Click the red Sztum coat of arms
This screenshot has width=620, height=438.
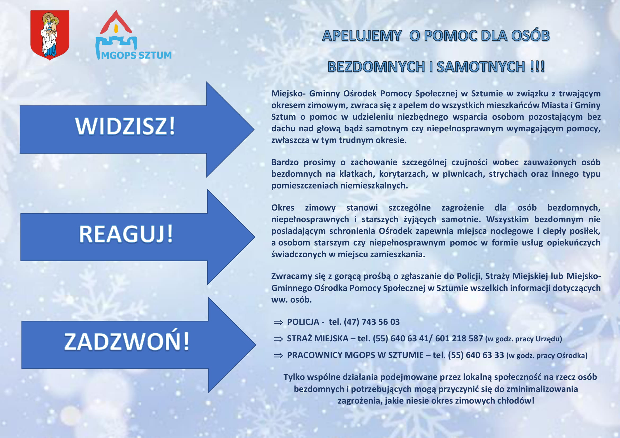pyautogui.click(x=50, y=35)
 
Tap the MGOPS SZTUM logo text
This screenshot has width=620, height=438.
pyautogui.click(x=136, y=55)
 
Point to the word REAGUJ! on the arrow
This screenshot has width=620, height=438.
pyautogui.click(x=126, y=234)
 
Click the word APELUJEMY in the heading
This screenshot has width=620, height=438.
pyautogui.click(x=362, y=36)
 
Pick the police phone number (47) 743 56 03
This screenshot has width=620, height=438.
pyautogui.click(x=371, y=322)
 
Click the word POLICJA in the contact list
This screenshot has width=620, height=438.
pyautogui.click(x=303, y=322)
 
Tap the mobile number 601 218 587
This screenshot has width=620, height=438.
pyautogui.click(x=459, y=338)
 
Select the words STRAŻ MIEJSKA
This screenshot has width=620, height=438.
pyautogui.click(x=318, y=338)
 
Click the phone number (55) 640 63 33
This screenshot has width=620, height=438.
pyautogui.click(x=476, y=355)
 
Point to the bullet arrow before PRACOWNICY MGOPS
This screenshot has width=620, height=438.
pyautogui.click(x=278, y=356)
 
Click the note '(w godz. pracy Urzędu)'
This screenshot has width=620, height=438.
pyautogui.click(x=524, y=339)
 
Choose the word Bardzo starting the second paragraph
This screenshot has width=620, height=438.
pyautogui.click(x=285, y=162)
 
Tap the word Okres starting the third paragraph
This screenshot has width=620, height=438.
pyautogui.click(x=283, y=208)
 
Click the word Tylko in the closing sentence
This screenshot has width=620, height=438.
pyautogui.click(x=294, y=377)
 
